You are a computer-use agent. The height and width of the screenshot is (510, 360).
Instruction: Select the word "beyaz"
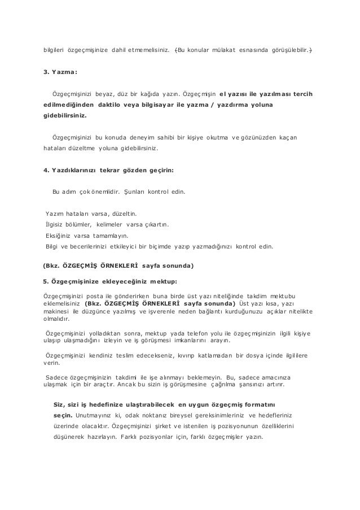click(104, 93)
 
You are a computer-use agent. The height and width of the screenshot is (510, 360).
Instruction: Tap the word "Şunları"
click(134, 192)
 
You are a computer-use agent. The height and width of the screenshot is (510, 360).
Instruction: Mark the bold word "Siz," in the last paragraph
click(58, 406)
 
